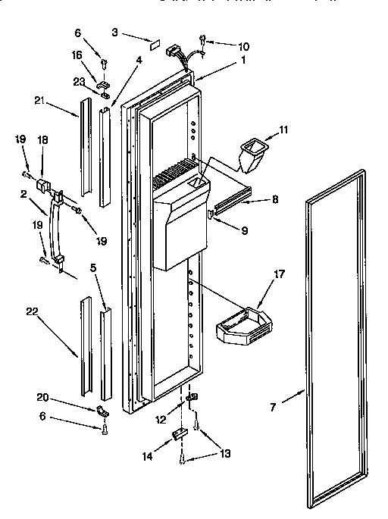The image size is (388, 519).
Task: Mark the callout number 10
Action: [222, 46]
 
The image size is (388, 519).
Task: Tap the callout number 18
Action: [43, 139]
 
